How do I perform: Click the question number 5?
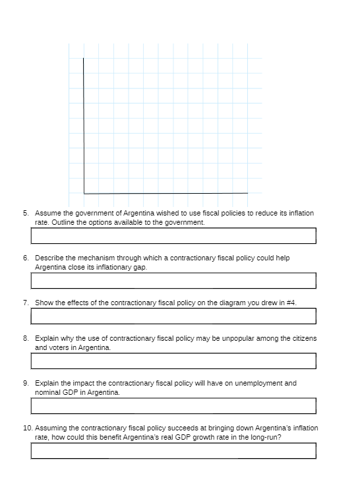tap(26, 214)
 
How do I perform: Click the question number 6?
tap(26, 258)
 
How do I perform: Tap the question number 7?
tap(26, 303)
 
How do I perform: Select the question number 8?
tap(26, 338)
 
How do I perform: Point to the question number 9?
tap(26, 383)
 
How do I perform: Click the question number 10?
tap(28, 428)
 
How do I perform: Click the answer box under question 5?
tap(173, 235)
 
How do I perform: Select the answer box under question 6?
tap(173, 280)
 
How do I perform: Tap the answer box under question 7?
tap(173, 316)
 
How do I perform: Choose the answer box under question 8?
tap(173, 361)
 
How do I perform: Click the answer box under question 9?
tap(173, 405)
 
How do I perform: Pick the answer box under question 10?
tap(173, 450)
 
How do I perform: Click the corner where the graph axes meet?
tap(84, 193)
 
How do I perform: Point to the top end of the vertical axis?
tap(84, 59)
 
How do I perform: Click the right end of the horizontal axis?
tap(247, 193)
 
